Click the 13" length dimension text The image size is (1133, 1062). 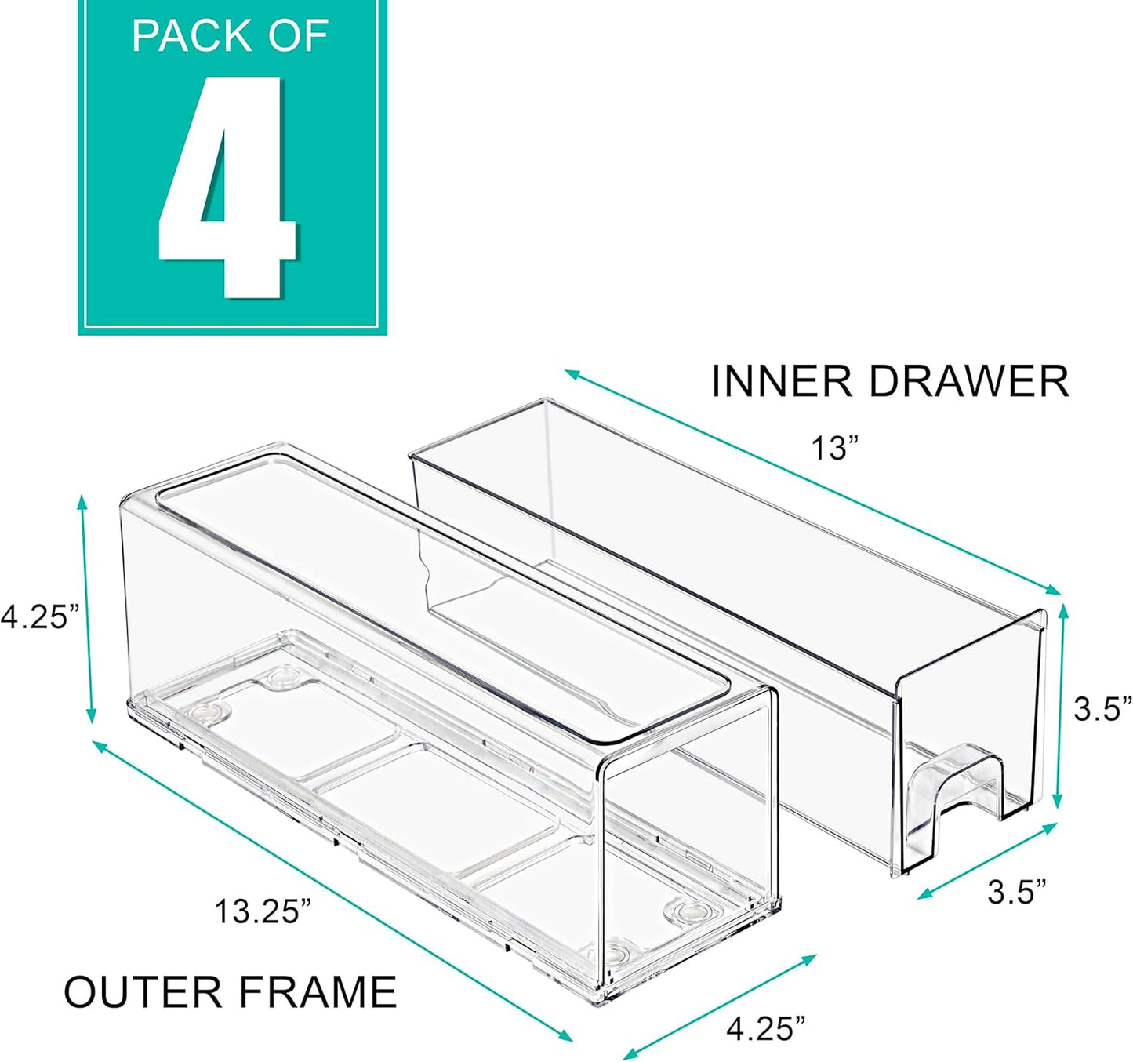tap(835, 449)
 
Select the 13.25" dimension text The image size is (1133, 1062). tap(263, 911)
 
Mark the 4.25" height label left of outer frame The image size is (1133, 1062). tap(39, 616)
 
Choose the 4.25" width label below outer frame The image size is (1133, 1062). tap(765, 1028)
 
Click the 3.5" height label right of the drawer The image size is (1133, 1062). tap(1102, 709)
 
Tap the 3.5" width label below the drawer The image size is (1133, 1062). tap(1017, 892)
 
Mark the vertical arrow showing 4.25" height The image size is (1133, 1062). tap(86, 609)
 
